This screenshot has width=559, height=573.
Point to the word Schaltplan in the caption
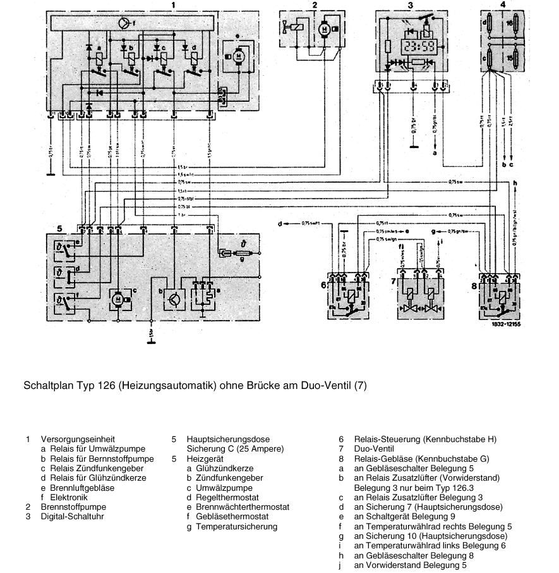(x=47, y=385)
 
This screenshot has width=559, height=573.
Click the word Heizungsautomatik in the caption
(x=164, y=385)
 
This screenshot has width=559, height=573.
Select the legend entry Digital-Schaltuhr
(x=73, y=516)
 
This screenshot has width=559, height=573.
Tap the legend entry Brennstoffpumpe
(x=73, y=507)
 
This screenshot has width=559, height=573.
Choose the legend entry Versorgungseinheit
(x=78, y=438)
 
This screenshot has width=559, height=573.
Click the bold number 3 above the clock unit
(x=410, y=5)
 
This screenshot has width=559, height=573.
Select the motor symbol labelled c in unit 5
(x=118, y=299)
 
